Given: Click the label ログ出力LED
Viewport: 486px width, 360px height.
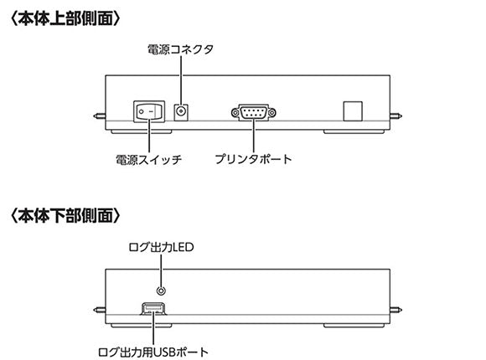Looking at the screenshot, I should (x=160, y=246).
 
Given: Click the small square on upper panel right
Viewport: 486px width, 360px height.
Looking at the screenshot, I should (x=354, y=111).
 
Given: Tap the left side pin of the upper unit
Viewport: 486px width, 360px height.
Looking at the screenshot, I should (x=99, y=117).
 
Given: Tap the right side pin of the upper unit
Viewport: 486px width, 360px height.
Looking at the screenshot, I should (x=397, y=117).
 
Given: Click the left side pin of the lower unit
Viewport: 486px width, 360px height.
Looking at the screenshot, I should (x=99, y=307).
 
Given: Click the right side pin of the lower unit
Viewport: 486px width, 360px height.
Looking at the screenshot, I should (x=397, y=307).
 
